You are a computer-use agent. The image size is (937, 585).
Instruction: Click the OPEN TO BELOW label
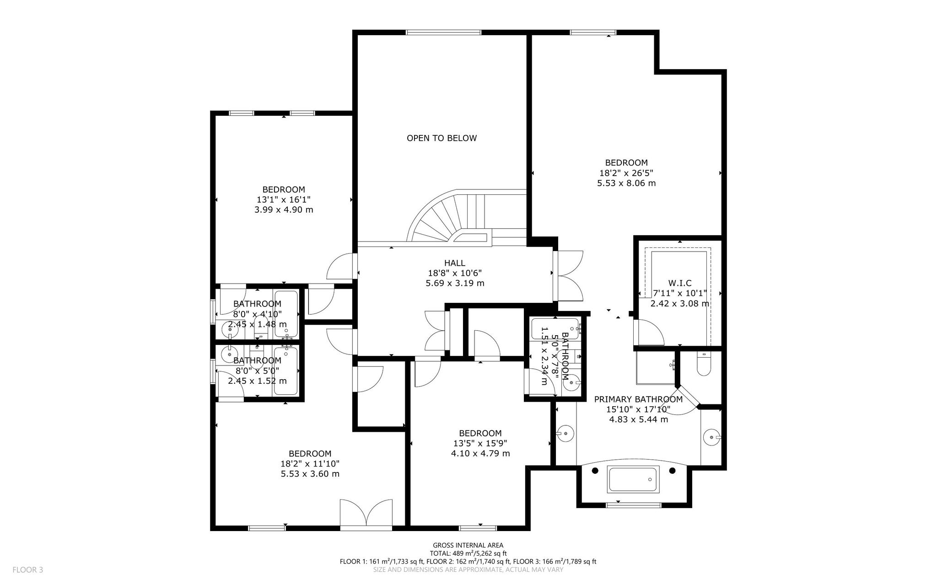(442, 138)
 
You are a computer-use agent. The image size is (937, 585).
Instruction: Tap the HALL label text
(454, 263)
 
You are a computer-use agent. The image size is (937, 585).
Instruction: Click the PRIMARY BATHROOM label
(638, 399)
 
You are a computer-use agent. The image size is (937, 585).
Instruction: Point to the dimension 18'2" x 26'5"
(626, 173)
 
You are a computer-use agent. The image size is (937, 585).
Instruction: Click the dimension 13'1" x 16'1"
(284, 200)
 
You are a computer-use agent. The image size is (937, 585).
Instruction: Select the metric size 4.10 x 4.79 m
(480, 454)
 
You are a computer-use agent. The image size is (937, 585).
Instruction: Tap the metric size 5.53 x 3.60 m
(310, 474)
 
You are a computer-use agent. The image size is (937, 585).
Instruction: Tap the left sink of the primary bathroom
(565, 433)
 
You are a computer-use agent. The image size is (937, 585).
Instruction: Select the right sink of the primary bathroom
(712, 437)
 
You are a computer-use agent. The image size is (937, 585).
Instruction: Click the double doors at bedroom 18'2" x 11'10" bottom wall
(366, 514)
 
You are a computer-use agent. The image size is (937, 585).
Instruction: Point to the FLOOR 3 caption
(27, 570)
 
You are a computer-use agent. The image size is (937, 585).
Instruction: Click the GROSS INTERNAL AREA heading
(468, 545)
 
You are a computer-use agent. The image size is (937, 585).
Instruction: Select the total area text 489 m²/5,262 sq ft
(481, 553)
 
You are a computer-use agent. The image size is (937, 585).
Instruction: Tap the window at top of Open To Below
(443, 32)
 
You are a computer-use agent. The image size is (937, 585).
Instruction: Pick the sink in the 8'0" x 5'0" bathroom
(229, 354)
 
